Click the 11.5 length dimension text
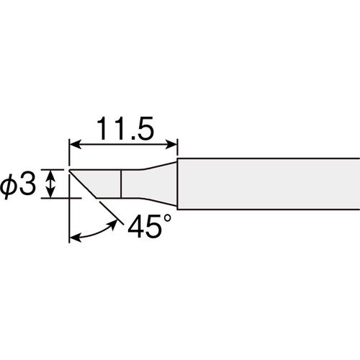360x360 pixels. [125, 129]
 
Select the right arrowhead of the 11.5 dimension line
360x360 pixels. [172, 145]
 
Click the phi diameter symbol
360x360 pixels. [8, 186]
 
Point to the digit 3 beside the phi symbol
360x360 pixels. [27, 184]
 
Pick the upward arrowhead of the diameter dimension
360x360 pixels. [50, 174]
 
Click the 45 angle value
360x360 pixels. [143, 226]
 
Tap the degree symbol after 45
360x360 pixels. [167, 218]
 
